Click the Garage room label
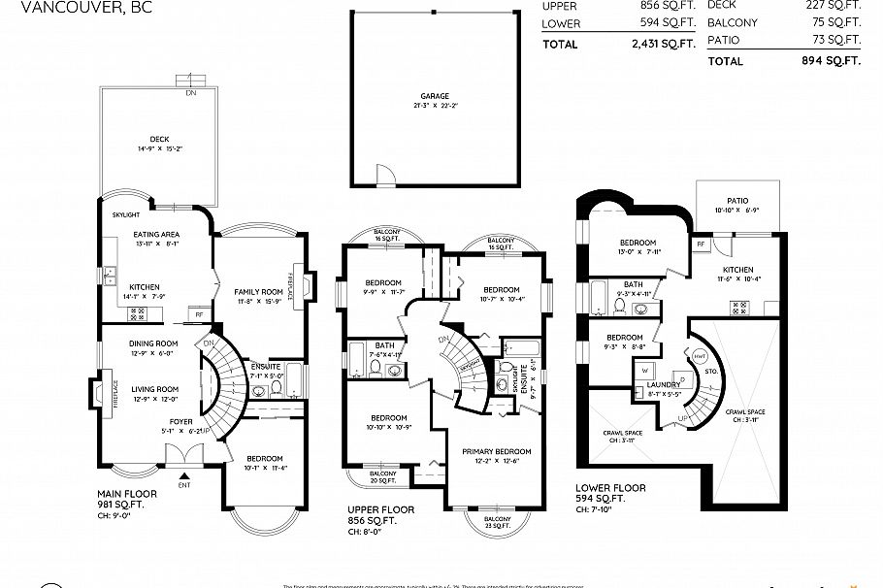(x=434, y=96)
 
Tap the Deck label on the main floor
(x=159, y=140)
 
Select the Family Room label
(x=258, y=291)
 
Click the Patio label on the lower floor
(x=737, y=200)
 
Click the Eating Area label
(x=155, y=234)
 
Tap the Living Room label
(x=153, y=388)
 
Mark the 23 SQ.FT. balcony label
(x=499, y=521)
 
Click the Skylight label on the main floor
(x=126, y=214)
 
